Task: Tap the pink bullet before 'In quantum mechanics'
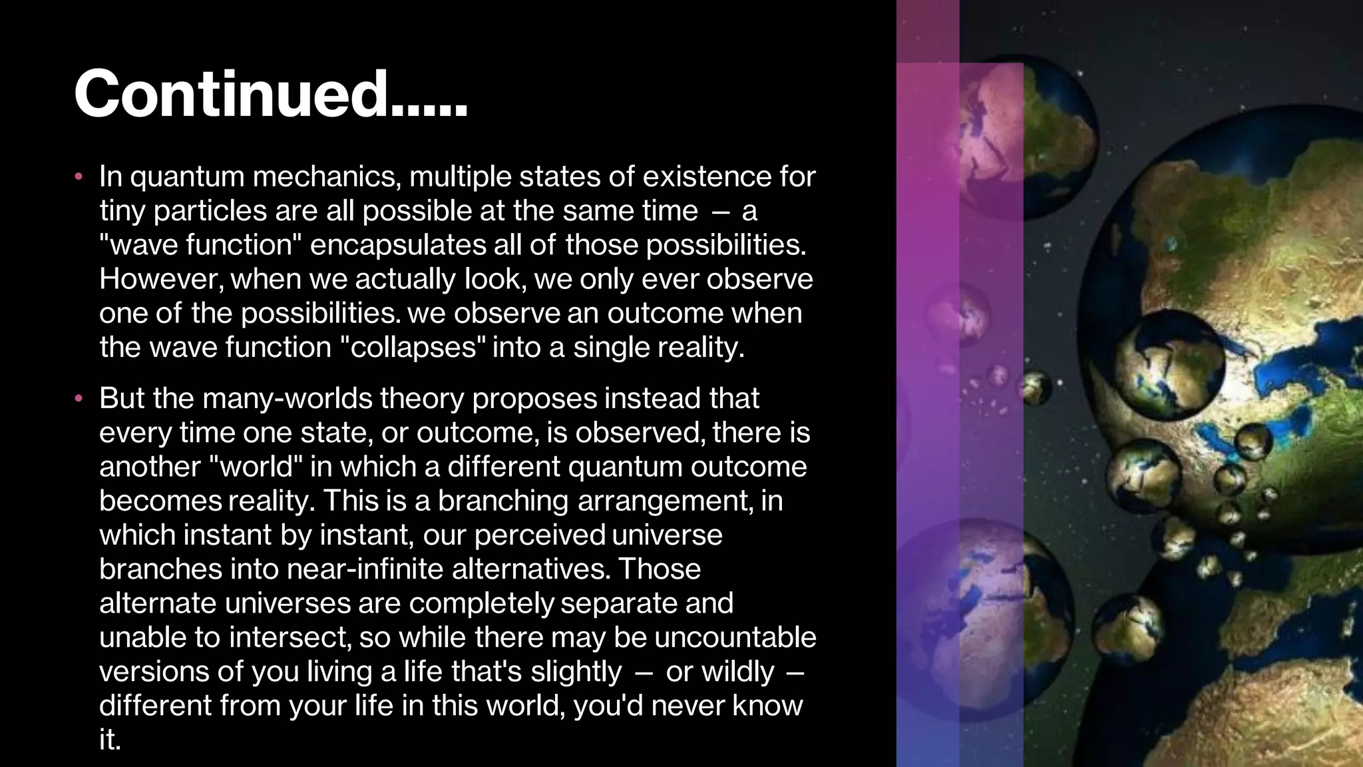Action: click(79, 177)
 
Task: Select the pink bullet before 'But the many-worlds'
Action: click(79, 399)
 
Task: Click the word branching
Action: click(502, 501)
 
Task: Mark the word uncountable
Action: click(735, 637)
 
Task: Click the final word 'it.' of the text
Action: click(110, 740)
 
